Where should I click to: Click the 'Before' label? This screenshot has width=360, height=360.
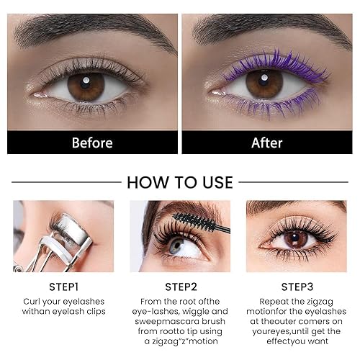pos(92,143)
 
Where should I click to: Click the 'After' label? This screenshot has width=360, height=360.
pos(266,143)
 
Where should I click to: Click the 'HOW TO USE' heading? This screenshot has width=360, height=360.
pos(180,182)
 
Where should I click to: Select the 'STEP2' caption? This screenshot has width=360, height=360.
pos(180,285)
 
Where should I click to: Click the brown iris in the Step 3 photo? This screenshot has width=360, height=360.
pos(295,238)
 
